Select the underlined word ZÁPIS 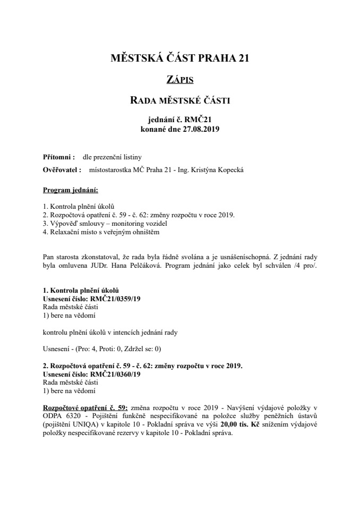pos(179,80)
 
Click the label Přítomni pos(57,157)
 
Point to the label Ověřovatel pos(61,170)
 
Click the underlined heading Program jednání pos(70,190)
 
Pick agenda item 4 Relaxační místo pos(101,232)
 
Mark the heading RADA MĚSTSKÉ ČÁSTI pos(179,99)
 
